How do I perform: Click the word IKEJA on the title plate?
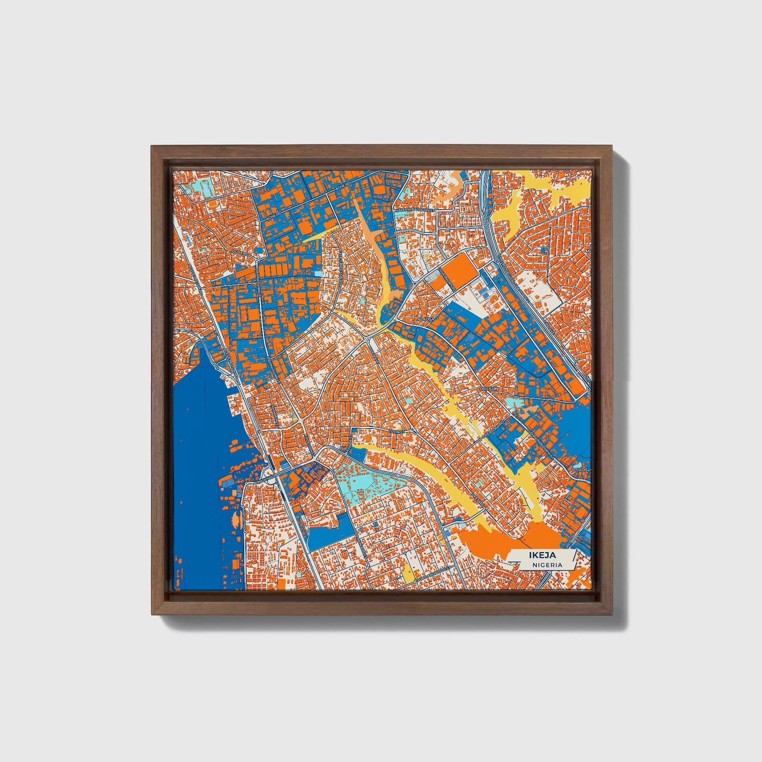point(540,555)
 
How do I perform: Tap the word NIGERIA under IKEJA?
point(546,565)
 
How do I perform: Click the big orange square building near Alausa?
point(454,271)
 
